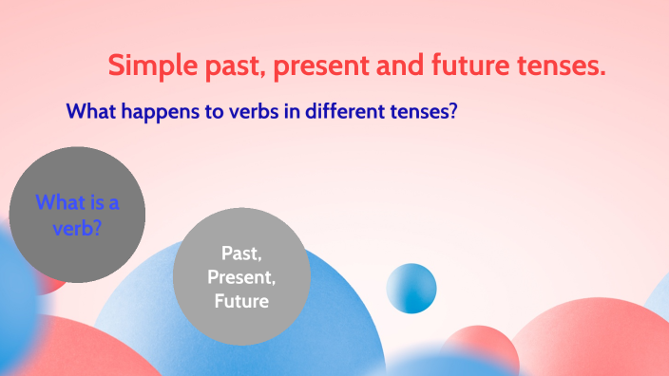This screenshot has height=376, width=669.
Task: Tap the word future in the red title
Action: point(478,67)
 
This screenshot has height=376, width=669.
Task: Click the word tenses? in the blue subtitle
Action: point(427,111)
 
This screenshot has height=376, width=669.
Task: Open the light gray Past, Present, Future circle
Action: point(241,276)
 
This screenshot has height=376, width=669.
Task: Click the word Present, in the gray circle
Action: point(241,277)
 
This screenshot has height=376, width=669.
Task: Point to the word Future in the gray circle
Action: point(241,301)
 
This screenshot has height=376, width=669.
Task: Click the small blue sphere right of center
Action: point(411,289)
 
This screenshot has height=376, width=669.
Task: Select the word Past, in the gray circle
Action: point(241,253)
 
